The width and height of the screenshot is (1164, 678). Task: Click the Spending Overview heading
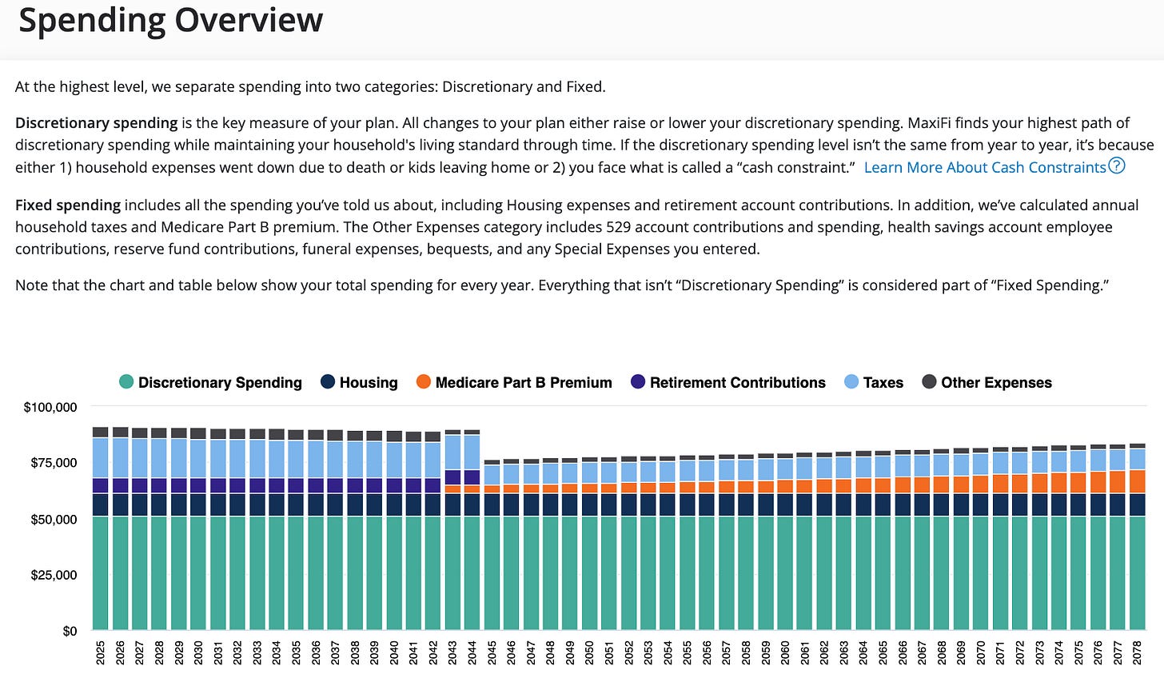(x=170, y=21)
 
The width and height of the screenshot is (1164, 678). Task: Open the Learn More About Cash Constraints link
(x=985, y=167)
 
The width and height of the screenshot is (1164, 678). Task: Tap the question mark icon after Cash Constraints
(x=1117, y=166)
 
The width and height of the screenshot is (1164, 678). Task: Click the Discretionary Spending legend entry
(x=210, y=382)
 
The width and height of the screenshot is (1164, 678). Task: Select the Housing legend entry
(x=359, y=382)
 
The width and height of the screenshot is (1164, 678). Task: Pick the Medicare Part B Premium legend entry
(x=514, y=382)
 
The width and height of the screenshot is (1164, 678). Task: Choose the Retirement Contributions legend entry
(x=727, y=382)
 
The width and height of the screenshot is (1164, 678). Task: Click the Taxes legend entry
(x=874, y=382)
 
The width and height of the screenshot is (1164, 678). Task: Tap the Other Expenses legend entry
(x=987, y=382)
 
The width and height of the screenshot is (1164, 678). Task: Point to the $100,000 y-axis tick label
(x=50, y=407)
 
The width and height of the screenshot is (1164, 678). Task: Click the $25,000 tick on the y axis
(x=54, y=575)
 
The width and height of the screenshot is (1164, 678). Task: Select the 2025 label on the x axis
(x=101, y=652)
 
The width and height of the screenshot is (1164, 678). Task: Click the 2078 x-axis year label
(x=1138, y=652)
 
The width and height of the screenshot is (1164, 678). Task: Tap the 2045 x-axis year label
(x=492, y=652)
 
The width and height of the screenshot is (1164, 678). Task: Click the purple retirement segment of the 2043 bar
(x=452, y=477)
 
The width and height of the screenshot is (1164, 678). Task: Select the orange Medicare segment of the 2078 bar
(x=1138, y=481)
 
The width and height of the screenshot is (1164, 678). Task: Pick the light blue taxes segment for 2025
(x=101, y=457)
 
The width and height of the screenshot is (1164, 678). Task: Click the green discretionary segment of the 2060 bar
(x=785, y=572)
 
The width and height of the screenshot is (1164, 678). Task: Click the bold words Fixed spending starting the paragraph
(x=68, y=205)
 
